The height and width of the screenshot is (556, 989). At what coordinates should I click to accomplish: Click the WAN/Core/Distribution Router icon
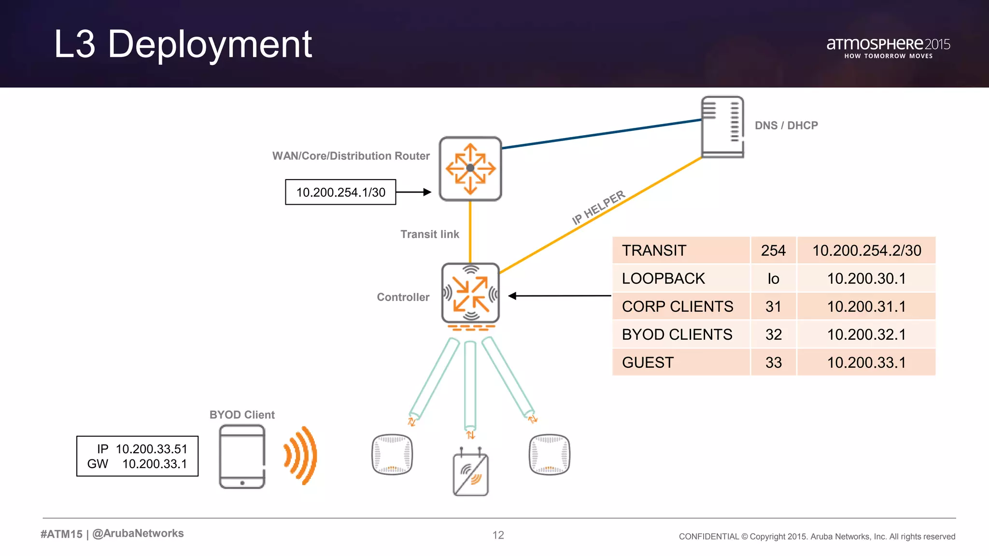point(470,168)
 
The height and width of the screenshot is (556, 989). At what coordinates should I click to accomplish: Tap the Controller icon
point(470,293)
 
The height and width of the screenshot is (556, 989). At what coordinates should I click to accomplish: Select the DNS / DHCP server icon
point(722,127)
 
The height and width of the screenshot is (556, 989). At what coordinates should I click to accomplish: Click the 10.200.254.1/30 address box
point(340,192)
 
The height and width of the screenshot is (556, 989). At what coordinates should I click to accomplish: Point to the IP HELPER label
point(598,207)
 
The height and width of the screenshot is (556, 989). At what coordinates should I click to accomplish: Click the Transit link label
point(429,234)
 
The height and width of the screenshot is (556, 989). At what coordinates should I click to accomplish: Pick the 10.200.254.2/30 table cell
point(866,250)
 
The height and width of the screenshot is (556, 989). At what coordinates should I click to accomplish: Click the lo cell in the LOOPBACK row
point(773,278)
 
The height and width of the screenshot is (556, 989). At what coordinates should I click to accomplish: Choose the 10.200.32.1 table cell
point(866,334)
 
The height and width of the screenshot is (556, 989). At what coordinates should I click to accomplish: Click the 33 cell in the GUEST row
point(773,362)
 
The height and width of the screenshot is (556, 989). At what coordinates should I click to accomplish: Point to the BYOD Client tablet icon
point(242,457)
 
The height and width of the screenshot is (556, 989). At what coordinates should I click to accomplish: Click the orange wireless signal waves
point(301,455)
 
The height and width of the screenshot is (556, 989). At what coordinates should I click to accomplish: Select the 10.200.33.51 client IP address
point(151,449)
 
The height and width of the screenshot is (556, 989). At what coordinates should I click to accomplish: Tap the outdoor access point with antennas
point(471,473)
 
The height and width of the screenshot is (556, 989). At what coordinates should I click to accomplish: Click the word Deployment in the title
point(210,44)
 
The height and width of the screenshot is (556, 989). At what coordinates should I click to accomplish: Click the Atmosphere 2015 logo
point(888,47)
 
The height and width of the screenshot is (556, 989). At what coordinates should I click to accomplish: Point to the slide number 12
point(498,535)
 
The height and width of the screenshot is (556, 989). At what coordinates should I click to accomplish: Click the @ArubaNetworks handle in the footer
point(138,533)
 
